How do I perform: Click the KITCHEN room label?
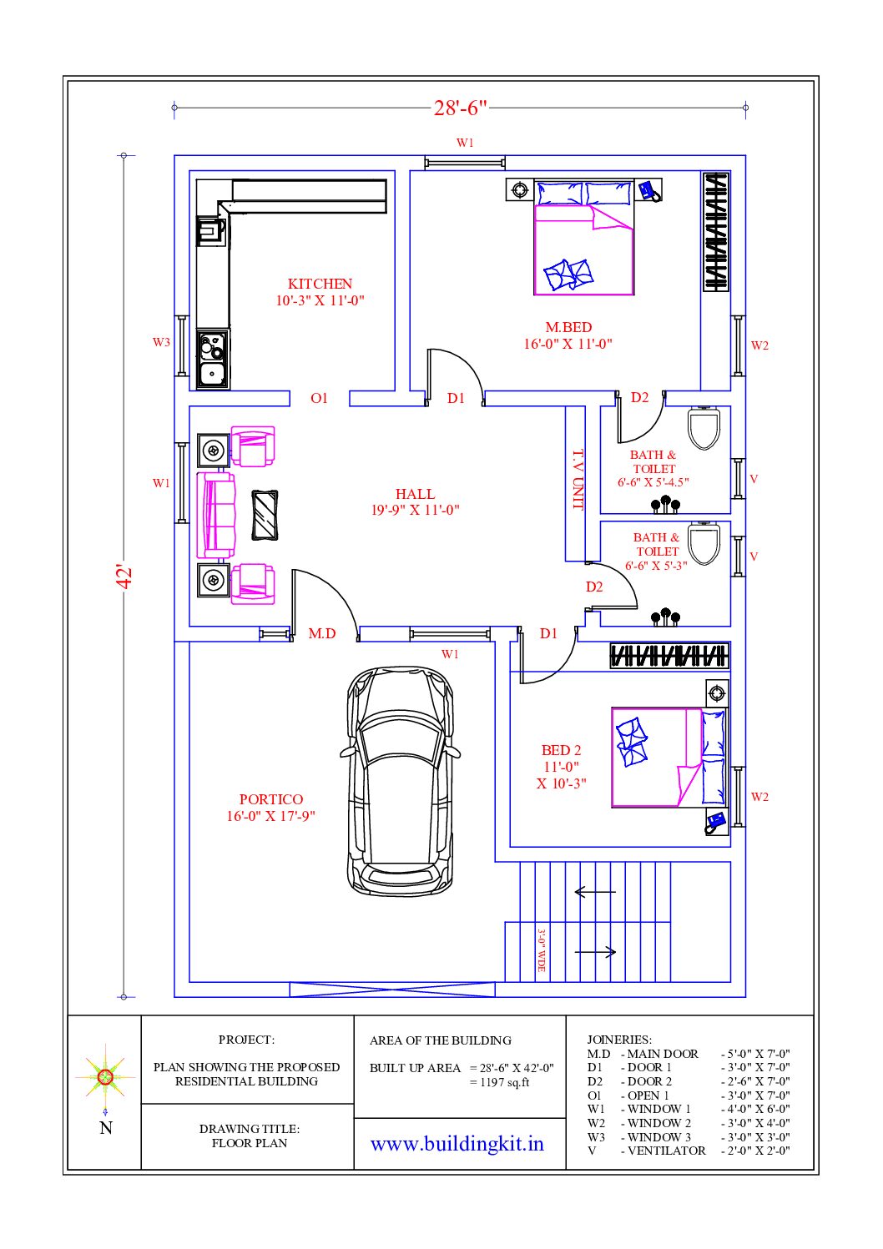point(320,284)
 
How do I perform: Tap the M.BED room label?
point(568,327)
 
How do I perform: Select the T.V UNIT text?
point(578,480)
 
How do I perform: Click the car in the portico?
point(400,781)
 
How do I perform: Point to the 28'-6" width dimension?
point(460,108)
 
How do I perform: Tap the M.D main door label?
point(322,633)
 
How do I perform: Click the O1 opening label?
point(319,398)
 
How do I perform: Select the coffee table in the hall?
point(265,516)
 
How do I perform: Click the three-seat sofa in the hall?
point(216,516)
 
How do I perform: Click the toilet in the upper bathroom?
point(704,428)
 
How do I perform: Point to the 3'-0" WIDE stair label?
point(541,950)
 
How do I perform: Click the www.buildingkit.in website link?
point(457,1144)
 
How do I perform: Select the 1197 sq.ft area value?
point(504,1082)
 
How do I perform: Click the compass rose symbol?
point(105,1076)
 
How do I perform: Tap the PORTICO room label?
point(271,799)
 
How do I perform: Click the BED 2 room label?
point(561,751)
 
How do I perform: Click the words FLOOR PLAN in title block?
point(250,1143)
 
